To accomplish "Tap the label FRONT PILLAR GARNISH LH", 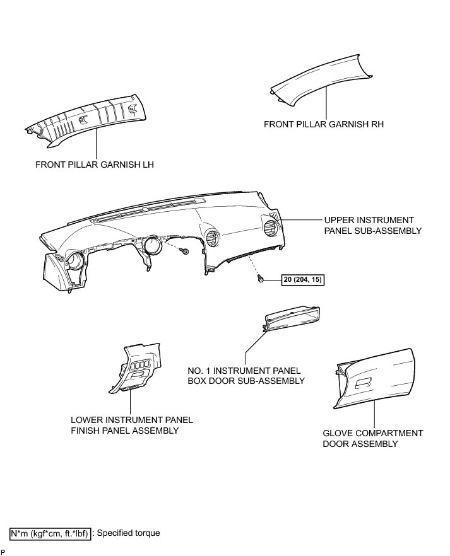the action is [x=95, y=165].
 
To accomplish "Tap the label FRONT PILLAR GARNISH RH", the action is [x=324, y=124].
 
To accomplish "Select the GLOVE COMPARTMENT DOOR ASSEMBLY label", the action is [x=372, y=439].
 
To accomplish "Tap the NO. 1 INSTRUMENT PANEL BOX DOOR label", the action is [x=246, y=376].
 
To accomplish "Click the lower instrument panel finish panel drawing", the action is [x=138, y=369].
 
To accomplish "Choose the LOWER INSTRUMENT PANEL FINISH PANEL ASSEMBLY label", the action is [x=132, y=426].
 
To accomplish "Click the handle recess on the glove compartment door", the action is [x=364, y=383].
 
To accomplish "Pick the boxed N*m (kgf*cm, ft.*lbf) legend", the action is [x=50, y=533].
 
